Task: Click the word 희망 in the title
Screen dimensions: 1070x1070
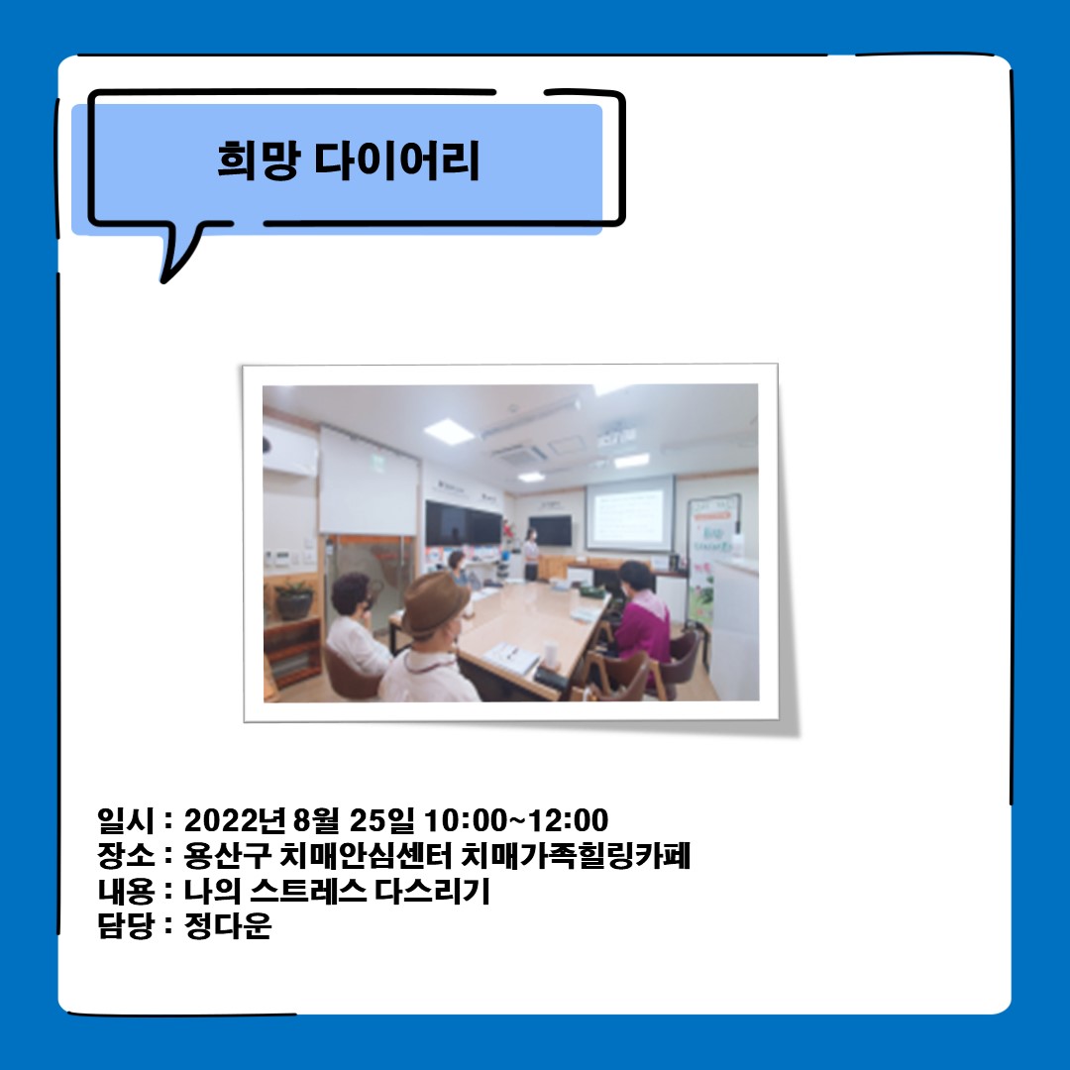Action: coord(259,160)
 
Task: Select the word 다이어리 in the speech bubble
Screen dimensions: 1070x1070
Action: coord(397,160)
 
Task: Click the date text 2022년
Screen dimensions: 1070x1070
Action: coord(234,820)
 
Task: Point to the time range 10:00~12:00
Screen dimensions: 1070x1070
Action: coord(516,820)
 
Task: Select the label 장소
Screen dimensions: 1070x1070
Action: coord(126,855)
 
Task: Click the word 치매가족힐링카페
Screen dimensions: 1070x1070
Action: coord(577,855)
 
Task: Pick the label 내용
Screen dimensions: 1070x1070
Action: coord(126,891)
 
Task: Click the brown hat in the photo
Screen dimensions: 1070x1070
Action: coord(435,604)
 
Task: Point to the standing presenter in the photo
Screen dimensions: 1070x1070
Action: coord(531,554)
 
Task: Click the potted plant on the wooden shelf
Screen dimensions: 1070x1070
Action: coord(293,599)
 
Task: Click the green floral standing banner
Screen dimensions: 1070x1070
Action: coord(710,556)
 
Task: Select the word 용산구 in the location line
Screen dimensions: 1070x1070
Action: coord(228,855)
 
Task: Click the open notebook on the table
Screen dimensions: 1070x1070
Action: coord(510,657)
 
